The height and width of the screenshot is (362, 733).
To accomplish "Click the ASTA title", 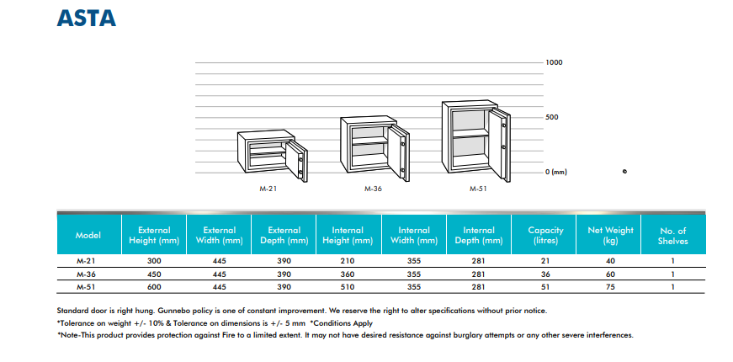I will pos(87,18).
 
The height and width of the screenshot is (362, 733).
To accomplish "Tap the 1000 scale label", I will pos(553,63).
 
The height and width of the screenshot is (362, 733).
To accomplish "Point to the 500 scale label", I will pos(551,117).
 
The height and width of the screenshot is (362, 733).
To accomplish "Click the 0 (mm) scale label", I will pos(555,172).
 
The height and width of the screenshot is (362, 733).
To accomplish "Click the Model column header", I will pos(88,235).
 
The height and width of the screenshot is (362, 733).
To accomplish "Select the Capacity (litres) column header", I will pos(544,235).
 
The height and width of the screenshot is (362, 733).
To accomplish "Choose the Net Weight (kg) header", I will pos(609,235).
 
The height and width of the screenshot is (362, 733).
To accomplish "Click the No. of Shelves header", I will pos(673,235).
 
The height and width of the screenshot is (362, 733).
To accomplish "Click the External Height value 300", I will pos(153,262).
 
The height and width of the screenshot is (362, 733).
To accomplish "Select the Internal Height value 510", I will pos(348,287).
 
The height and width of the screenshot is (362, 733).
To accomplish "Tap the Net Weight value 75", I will pos(609,287).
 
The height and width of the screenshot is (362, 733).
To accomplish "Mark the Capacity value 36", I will pos(544,274).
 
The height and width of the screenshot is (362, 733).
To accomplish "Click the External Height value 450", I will pos(153,274).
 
